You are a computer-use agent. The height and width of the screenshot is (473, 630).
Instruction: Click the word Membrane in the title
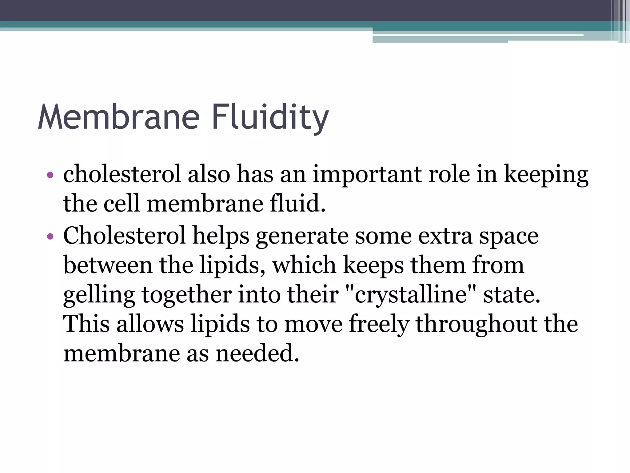pyautogui.click(x=119, y=117)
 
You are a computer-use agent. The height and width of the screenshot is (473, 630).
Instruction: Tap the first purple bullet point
pyautogui.click(x=50, y=176)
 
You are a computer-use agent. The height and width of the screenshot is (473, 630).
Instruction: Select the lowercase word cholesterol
pyautogui.click(x=122, y=174)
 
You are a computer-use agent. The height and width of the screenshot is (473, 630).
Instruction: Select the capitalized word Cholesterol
pyautogui.click(x=124, y=235)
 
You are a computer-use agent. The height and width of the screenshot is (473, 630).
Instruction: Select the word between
pyautogui.click(x=108, y=265)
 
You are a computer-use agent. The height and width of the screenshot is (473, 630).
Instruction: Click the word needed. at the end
pyautogui.click(x=257, y=353)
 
